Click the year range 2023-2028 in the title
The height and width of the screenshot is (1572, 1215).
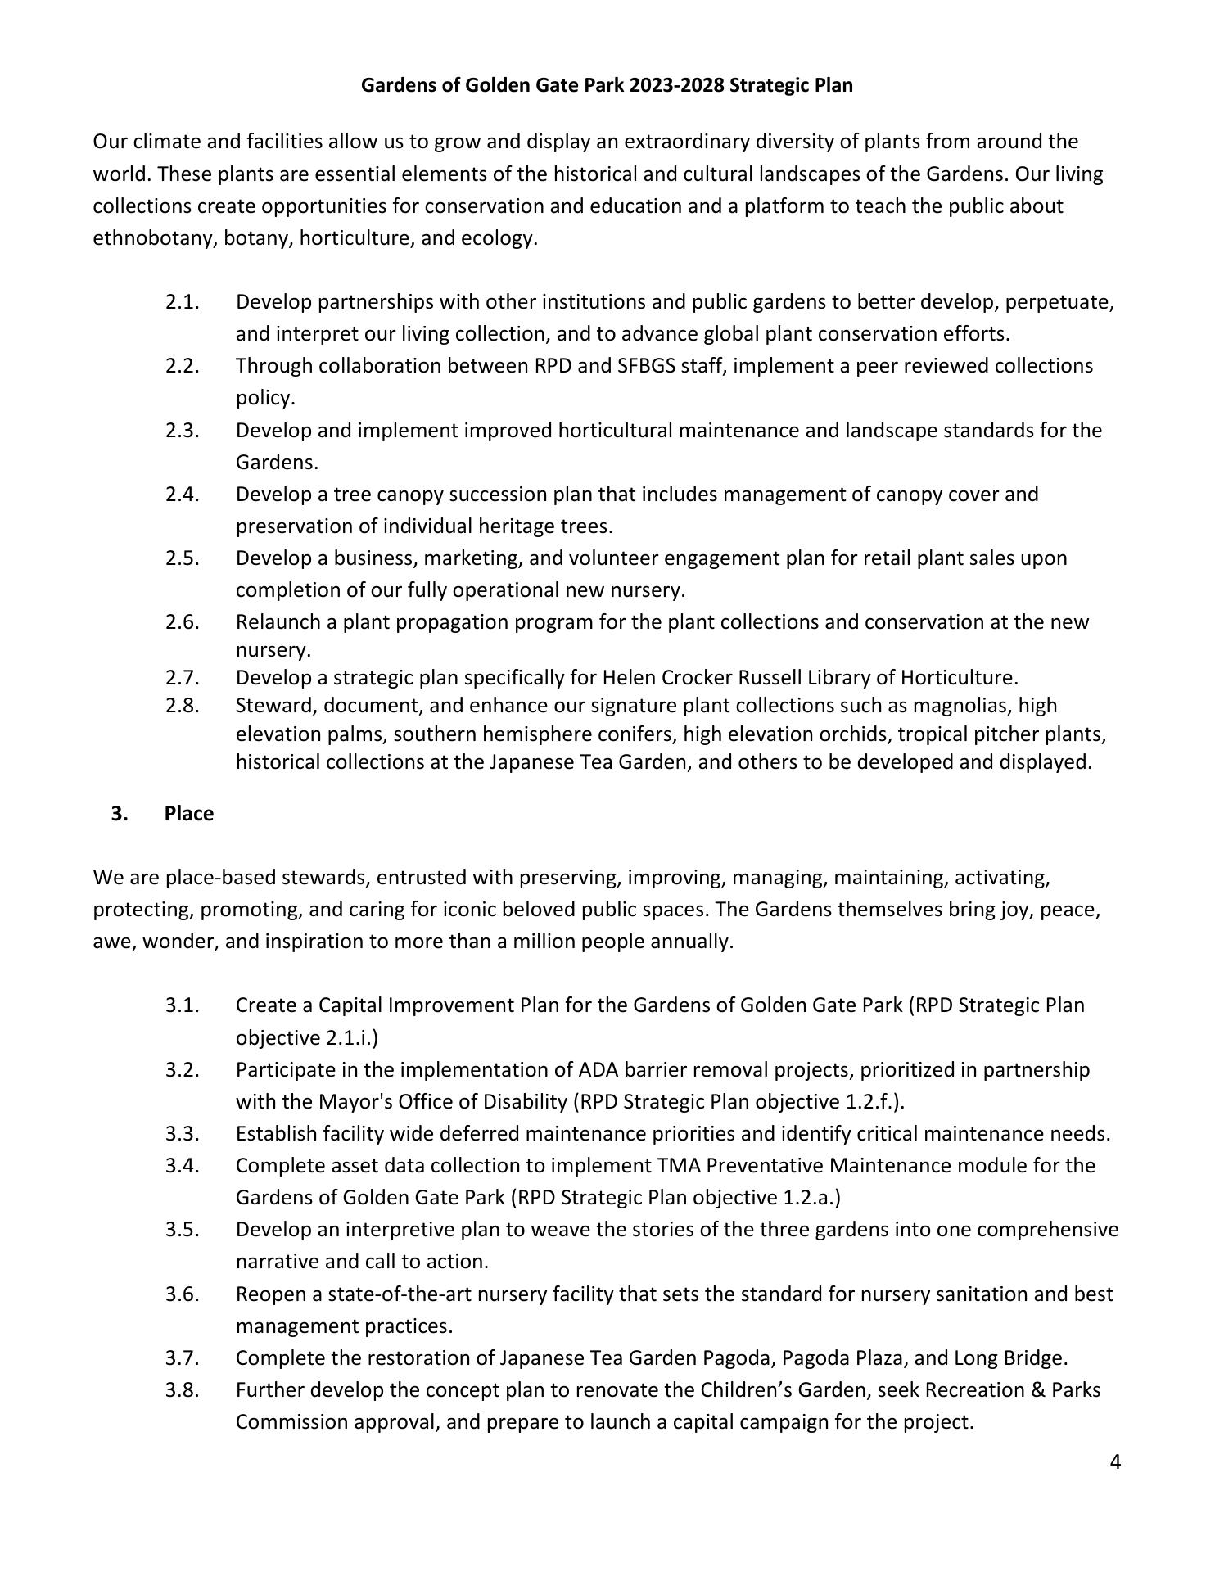pyautogui.click(x=677, y=85)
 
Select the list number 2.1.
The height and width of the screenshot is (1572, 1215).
pyautogui.click(x=183, y=302)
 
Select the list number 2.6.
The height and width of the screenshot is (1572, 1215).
pyautogui.click(x=183, y=622)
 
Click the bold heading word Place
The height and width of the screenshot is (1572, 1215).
pyautogui.click(x=188, y=814)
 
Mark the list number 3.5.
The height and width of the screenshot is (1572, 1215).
pyautogui.click(x=183, y=1230)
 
